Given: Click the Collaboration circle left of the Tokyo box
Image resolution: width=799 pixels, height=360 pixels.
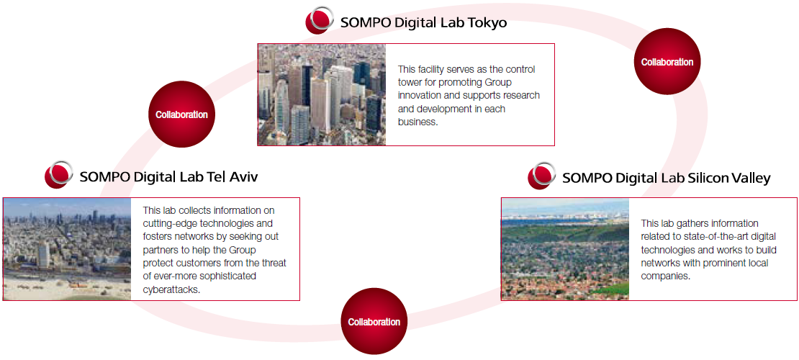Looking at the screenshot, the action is click(181, 114).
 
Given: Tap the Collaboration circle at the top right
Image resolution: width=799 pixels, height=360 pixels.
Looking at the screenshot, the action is click(667, 62).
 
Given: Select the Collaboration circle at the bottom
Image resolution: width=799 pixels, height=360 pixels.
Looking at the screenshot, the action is click(374, 322).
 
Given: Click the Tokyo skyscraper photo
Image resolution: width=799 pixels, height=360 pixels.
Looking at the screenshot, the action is click(322, 94).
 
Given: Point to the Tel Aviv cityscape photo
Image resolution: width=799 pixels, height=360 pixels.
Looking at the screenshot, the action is click(67, 249).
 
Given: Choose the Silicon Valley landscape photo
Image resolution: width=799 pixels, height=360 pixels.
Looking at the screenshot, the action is click(565, 249).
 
